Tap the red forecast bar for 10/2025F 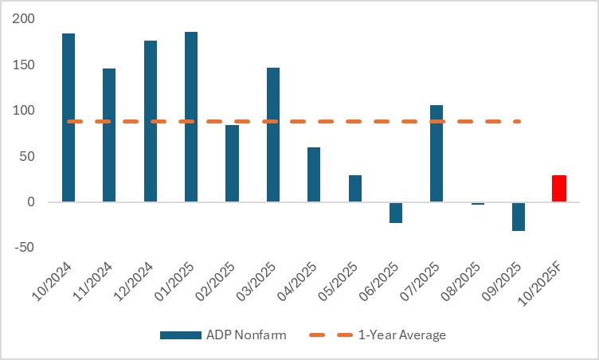[559, 189]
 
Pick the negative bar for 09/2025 [519, 217]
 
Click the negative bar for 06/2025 [396, 213]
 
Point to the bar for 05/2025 [354, 189]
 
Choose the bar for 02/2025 [232, 163]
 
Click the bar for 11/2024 [109, 135]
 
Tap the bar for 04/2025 [314, 174]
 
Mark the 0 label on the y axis [33, 202]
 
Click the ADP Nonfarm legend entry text [245, 335]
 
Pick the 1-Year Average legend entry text [401, 335]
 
